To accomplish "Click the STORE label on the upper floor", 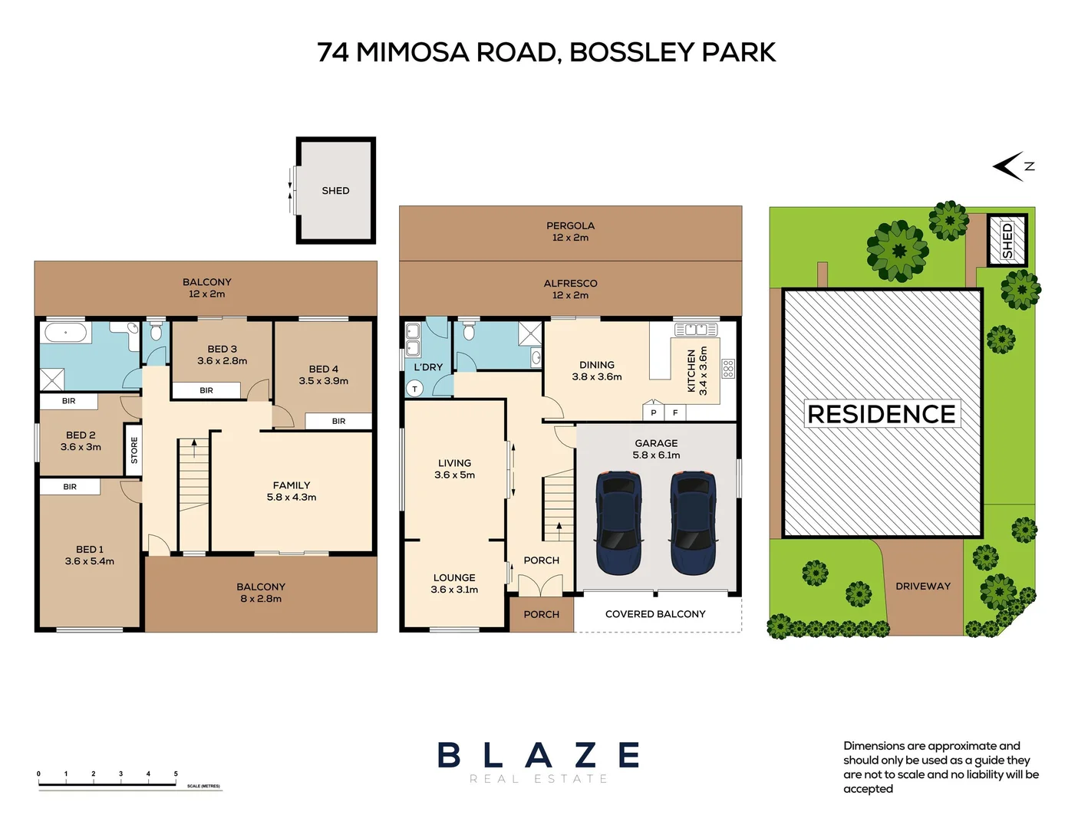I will [x=134, y=450].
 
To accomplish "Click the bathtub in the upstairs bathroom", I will [x=66, y=333].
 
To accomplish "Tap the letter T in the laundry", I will [x=415, y=389].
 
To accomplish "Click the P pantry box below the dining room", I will [x=654, y=412].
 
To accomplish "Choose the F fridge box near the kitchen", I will [x=675, y=412].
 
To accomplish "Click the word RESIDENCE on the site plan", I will [x=882, y=414].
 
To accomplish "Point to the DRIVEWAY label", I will [x=923, y=586].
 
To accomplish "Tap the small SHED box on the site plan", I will [x=1007, y=241].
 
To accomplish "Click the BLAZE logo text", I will [x=539, y=755].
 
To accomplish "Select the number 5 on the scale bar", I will [x=176, y=774].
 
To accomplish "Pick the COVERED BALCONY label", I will [x=655, y=614].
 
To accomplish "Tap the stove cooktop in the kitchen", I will [x=727, y=369].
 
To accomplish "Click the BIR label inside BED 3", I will [x=206, y=390].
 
